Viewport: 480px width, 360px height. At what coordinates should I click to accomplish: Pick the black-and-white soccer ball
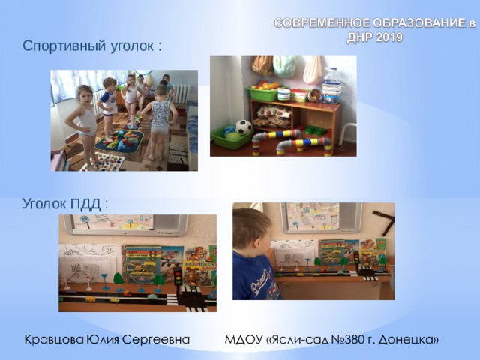point(244,127)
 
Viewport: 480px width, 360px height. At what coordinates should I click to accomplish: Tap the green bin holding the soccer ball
point(229,137)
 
